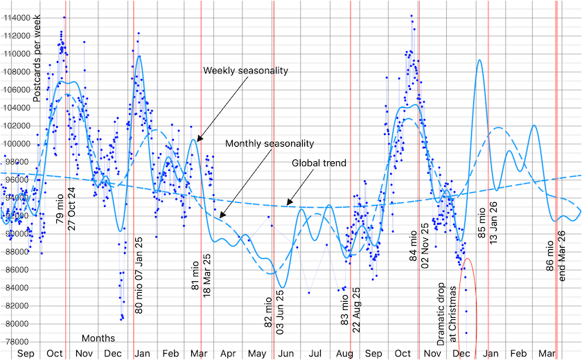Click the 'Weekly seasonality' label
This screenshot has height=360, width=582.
point(245,71)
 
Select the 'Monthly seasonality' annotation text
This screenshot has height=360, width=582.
point(270,143)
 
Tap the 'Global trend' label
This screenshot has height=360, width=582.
point(318,163)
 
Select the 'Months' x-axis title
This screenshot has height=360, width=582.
point(98,339)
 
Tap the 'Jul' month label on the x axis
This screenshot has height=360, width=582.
point(315,354)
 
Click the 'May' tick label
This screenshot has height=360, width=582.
point(256,354)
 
